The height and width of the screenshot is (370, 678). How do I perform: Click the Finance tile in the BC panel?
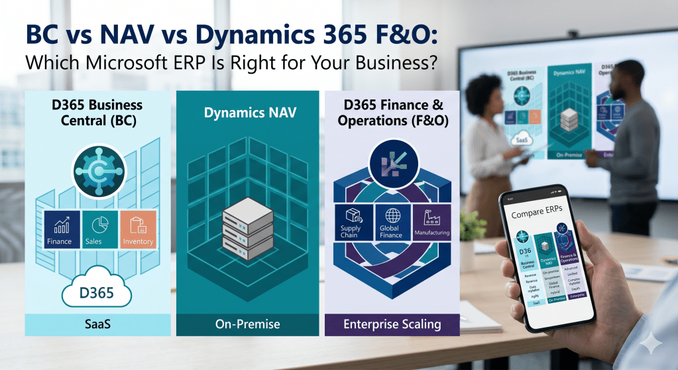(59, 229)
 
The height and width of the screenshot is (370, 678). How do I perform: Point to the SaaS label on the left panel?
(97, 325)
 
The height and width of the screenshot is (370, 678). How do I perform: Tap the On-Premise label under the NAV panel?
(248, 325)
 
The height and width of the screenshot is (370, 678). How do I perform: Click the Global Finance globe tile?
(390, 222)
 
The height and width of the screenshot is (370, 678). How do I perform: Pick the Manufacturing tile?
(431, 222)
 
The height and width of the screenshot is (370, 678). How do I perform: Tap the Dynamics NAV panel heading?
(248, 113)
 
